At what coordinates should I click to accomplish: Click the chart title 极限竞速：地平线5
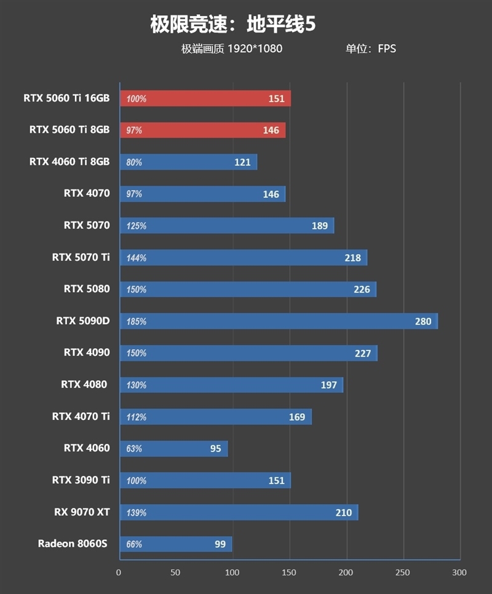pos(233,25)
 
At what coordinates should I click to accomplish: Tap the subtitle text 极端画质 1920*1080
pos(232,49)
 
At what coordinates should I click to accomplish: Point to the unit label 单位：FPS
pos(371,49)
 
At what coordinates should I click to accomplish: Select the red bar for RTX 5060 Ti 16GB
pos(205,98)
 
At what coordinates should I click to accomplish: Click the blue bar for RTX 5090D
pos(278,321)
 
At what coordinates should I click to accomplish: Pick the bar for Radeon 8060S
pos(175,544)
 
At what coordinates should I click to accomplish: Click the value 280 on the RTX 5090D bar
pos(423,321)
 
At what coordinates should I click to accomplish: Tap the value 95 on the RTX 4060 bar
pos(215,448)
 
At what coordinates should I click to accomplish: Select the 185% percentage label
pos(136,321)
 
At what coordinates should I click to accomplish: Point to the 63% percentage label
pos(134,448)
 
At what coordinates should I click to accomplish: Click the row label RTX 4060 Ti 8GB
pos(69,162)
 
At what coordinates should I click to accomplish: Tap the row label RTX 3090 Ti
pos(81,480)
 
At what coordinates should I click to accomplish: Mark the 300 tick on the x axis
pos(459,572)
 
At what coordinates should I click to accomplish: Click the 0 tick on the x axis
pos(119,572)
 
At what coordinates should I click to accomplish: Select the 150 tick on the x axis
pos(289,572)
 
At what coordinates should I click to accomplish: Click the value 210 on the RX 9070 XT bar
pos(344,512)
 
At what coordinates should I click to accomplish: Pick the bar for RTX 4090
pos(248,353)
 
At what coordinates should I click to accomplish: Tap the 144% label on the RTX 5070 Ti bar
pos(136,258)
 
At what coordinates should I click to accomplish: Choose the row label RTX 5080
pos(87,288)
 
